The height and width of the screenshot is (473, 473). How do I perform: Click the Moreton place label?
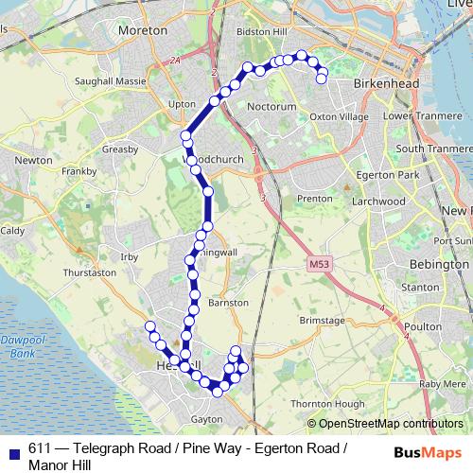142,30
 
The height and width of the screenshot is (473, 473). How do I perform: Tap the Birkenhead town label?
378,84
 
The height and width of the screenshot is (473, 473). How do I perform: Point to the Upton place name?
182,103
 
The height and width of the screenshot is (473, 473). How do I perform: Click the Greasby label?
120,149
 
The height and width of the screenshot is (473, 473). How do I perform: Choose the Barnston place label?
228,303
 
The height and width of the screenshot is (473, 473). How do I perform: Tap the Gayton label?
205,417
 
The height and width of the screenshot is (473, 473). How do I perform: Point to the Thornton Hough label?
326,404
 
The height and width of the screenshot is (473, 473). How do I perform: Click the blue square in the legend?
13,450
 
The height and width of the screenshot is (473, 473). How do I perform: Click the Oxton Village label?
339,116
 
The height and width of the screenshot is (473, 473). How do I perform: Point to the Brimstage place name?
323,322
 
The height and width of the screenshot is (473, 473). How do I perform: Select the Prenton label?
314,199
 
